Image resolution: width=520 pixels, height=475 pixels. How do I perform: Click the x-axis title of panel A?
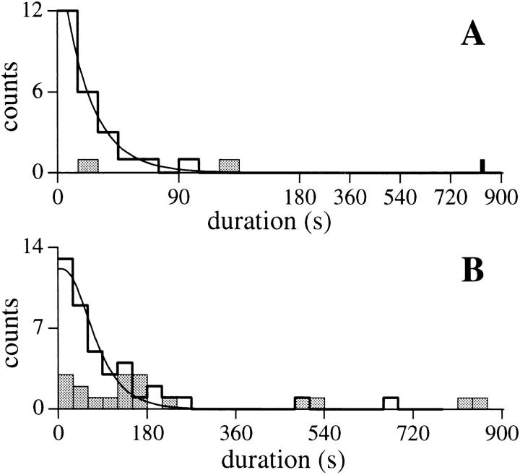point(269,219)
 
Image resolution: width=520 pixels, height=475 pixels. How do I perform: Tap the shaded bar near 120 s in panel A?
point(229,166)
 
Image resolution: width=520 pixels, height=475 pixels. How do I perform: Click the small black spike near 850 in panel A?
point(482,166)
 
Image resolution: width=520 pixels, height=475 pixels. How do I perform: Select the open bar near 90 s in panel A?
point(189,166)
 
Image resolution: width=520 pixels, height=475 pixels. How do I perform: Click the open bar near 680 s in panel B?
point(391,403)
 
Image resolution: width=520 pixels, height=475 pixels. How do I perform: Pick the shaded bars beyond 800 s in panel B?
point(472,403)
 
